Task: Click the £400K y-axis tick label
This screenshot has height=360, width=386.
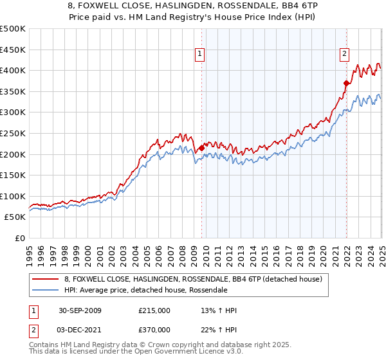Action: (13, 71)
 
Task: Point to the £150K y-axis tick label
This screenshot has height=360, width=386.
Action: (13, 175)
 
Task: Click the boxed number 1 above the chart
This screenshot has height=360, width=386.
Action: (201, 55)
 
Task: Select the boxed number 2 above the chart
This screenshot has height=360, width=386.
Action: (345, 55)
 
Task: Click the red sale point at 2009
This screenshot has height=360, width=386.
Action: (201, 148)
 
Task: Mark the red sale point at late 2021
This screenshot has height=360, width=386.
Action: (346, 83)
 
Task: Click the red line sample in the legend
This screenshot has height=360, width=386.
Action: (46, 278)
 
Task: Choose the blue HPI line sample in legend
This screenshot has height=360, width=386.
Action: (46, 290)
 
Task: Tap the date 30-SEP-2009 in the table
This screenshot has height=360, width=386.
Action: (80, 310)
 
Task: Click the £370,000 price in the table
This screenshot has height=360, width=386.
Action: (154, 330)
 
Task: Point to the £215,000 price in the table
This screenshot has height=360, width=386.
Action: (154, 310)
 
